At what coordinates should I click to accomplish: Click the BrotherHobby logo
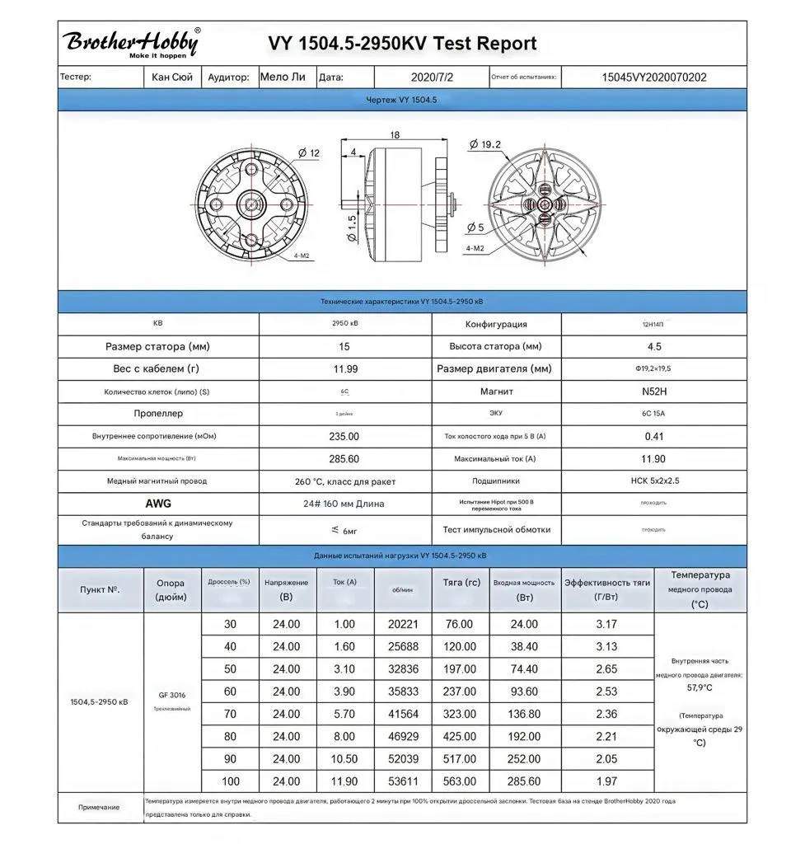(x=130, y=43)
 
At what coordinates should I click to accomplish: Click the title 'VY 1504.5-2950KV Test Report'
(x=402, y=44)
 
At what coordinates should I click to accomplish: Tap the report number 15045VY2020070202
(x=654, y=77)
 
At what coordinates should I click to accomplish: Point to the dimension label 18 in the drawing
(x=395, y=134)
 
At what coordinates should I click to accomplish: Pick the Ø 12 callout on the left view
(x=309, y=152)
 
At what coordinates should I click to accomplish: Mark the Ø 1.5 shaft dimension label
(x=352, y=228)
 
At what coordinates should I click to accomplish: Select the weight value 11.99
(x=344, y=368)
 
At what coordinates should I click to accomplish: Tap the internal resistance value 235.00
(x=344, y=436)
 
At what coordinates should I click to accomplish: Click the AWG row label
(x=158, y=503)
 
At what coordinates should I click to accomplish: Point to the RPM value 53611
(x=403, y=781)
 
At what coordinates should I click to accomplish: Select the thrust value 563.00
(x=460, y=781)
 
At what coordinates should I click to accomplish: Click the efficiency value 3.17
(x=606, y=624)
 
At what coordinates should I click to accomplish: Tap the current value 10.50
(x=344, y=758)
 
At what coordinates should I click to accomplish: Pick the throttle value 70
(x=230, y=714)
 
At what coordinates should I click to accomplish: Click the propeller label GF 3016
(x=172, y=694)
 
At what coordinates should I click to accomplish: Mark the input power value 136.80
(x=524, y=714)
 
